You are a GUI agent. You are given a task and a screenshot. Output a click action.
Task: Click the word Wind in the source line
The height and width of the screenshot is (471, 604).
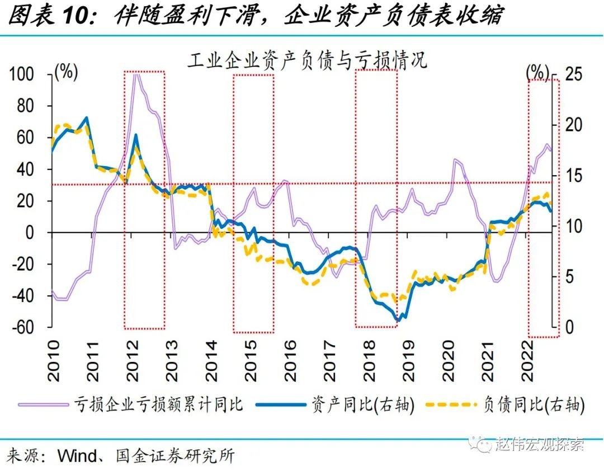coord(78,456)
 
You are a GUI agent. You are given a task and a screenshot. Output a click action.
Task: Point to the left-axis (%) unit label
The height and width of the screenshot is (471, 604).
coord(65,72)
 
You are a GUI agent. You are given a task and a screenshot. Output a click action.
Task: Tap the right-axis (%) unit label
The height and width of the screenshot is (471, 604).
coord(537,72)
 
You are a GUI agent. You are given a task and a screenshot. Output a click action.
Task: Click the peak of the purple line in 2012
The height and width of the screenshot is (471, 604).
coord(136,74)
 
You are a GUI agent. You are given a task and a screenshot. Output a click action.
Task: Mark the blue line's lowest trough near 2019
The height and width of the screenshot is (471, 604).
coord(399,319)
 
